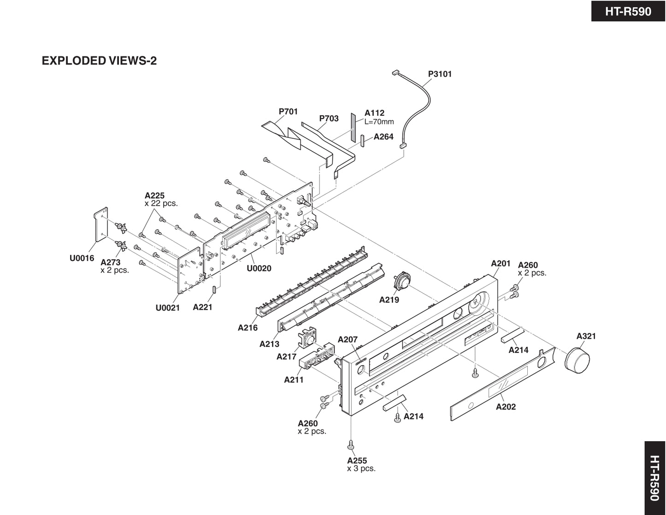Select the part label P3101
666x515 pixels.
[x=440, y=74]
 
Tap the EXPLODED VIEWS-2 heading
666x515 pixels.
[x=99, y=61]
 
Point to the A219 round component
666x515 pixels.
[x=402, y=282]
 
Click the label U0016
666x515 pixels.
[x=82, y=258]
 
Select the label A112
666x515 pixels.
[x=374, y=113]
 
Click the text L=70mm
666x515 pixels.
[x=379, y=122]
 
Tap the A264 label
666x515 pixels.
[x=383, y=136]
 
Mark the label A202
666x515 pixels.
[x=506, y=407]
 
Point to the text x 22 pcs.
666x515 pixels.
[x=161, y=203]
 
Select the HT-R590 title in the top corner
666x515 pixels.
[x=628, y=11]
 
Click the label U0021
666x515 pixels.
[x=167, y=308]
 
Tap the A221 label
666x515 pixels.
[x=202, y=307]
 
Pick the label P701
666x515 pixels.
[x=289, y=111]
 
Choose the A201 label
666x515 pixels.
[x=501, y=263]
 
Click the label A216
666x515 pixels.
[x=248, y=328]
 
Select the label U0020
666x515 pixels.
[x=259, y=268]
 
